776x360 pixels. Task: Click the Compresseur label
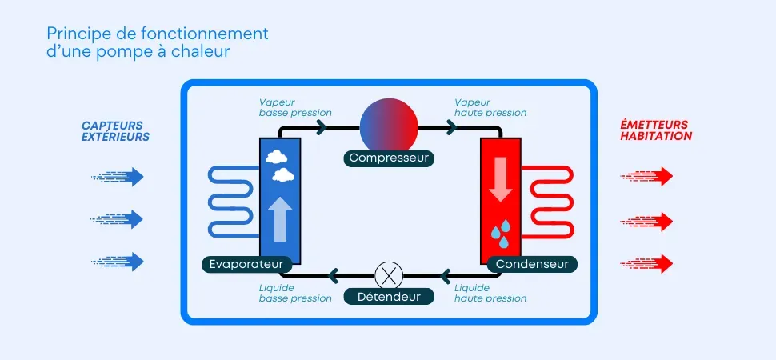[x=389, y=158]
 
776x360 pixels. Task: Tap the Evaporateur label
[x=242, y=264]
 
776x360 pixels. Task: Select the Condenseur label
[x=533, y=264]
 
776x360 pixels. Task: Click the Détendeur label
[x=388, y=297]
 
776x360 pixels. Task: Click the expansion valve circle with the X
[x=388, y=276]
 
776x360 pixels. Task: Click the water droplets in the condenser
[x=501, y=233]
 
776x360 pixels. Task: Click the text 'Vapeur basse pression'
[x=294, y=107]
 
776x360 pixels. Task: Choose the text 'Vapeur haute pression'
[x=490, y=107]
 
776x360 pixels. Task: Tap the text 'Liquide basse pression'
[x=294, y=293]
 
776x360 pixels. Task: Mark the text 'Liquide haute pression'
[x=490, y=293]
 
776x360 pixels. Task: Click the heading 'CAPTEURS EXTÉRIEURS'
[x=115, y=130]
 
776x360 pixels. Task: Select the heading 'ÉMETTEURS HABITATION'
[x=656, y=130]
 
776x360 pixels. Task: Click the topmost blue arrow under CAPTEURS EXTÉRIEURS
[x=118, y=176]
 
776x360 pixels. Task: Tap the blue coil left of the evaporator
[x=232, y=202]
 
